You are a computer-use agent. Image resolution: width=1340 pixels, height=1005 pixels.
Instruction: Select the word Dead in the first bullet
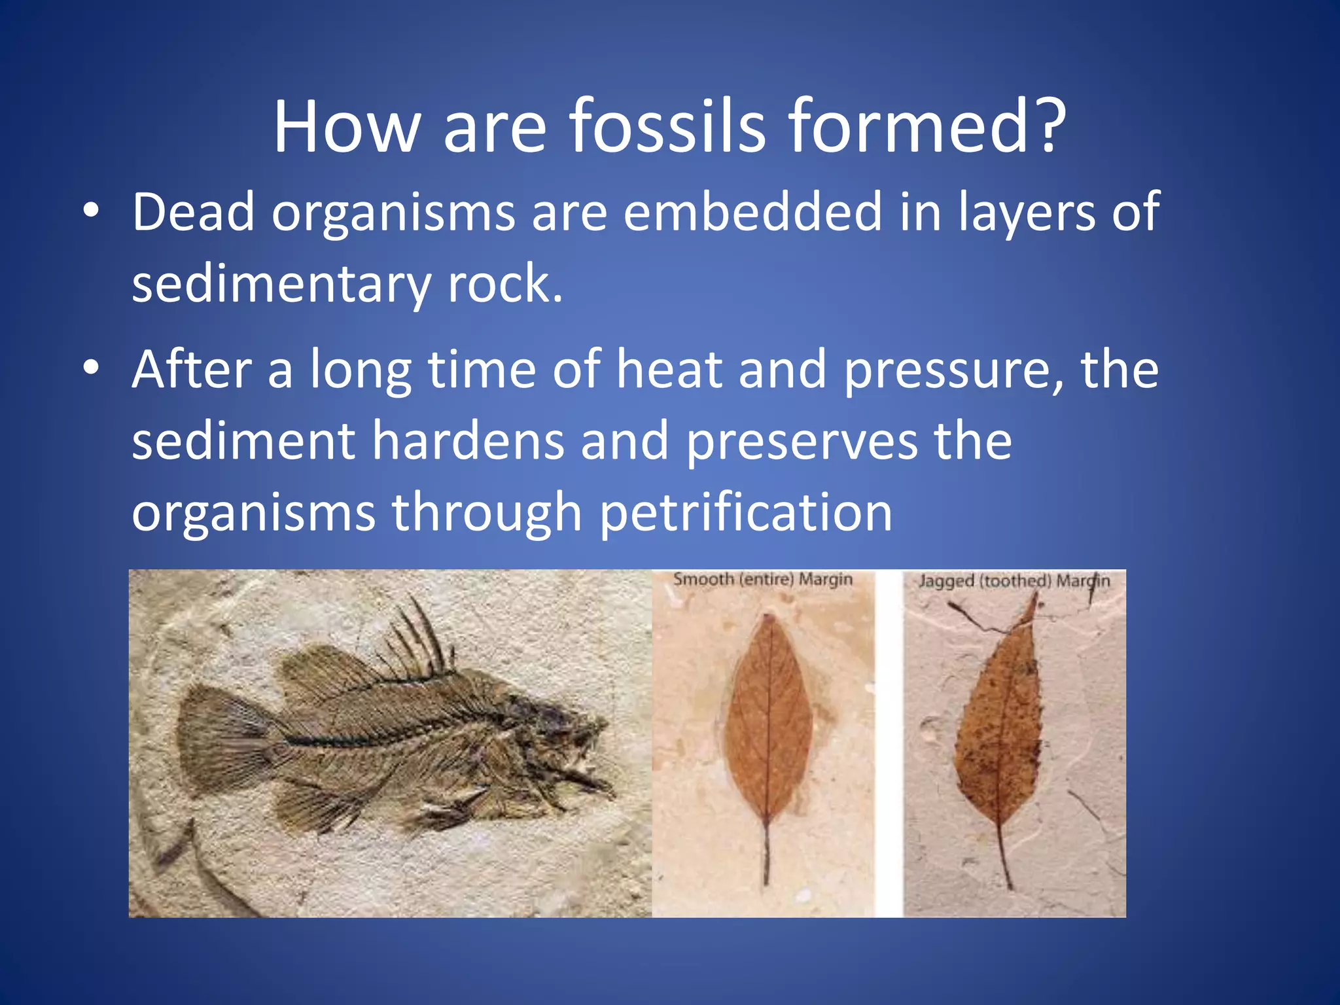[x=193, y=213]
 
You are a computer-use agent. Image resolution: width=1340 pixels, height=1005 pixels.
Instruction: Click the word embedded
[x=752, y=213]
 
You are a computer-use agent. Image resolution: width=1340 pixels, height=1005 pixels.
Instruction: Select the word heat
[x=669, y=370]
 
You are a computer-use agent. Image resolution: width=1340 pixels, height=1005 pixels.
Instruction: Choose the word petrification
[x=746, y=514]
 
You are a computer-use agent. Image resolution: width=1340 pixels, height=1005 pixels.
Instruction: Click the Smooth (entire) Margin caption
[x=763, y=580]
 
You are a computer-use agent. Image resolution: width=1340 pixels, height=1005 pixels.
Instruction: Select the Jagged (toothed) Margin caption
[x=1014, y=581]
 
